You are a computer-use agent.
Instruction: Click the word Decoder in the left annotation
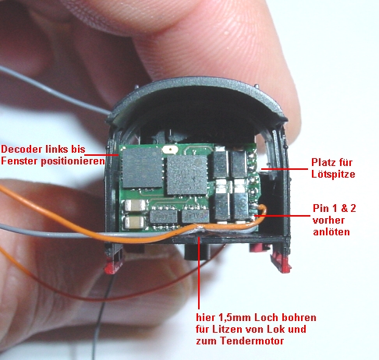[22, 149]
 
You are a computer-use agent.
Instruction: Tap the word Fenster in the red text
[19, 161]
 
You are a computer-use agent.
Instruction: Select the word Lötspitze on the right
[333, 174]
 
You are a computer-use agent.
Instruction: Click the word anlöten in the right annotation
[331, 231]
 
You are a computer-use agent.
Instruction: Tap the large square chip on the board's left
[143, 168]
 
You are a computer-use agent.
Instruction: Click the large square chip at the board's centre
[186, 175]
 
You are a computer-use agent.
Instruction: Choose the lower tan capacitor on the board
[134, 222]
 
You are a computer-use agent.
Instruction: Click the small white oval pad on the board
[169, 150]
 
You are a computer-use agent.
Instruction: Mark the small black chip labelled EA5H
[164, 217]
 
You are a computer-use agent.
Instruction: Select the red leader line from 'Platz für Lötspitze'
[285, 169]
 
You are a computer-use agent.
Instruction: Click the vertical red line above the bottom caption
[199, 272]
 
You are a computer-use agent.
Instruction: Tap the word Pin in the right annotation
[321, 209]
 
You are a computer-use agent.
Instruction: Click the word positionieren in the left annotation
[73, 161]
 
